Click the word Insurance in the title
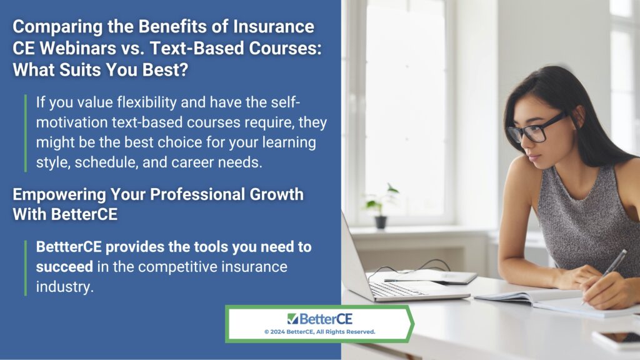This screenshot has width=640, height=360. (x=274, y=26)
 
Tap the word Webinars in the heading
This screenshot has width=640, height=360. (x=78, y=48)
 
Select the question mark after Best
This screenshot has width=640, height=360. (x=184, y=70)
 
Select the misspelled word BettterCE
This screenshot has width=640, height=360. (x=69, y=246)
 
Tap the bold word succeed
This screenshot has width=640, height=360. (x=64, y=267)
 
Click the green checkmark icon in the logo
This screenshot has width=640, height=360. (x=292, y=318)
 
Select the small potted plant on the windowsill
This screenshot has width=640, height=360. (x=380, y=206)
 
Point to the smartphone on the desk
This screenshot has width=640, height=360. (x=616, y=339)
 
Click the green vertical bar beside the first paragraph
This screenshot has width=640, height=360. (x=26, y=133)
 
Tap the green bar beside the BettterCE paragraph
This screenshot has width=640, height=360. (x=26, y=267)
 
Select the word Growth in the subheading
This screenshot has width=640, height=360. (x=276, y=195)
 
